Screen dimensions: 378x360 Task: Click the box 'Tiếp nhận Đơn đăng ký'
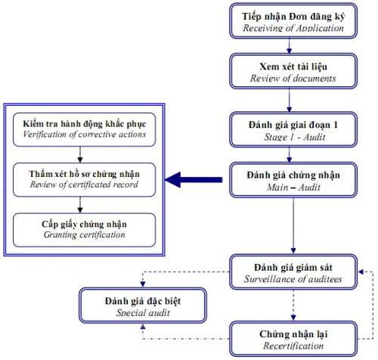293,21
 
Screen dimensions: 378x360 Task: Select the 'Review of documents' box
293,71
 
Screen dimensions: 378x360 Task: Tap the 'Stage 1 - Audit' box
293,129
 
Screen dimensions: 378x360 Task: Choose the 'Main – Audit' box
293,180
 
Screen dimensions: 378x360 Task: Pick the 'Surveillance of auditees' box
293,272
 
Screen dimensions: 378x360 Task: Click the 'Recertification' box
293,339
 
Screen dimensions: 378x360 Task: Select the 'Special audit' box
143,306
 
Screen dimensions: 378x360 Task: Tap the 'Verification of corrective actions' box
84,129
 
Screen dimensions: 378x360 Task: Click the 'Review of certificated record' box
84,180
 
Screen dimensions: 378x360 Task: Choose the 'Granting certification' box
84,230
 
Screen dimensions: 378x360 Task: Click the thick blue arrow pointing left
194,180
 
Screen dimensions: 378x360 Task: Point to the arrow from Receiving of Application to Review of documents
290,46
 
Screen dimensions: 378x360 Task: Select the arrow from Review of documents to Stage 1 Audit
290,101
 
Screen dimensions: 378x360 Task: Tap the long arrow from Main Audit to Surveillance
293,225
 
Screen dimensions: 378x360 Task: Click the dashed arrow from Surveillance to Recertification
293,306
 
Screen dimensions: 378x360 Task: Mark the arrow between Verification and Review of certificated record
80,154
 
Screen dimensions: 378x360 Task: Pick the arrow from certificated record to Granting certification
80,205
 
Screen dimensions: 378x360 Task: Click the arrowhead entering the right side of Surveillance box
361,272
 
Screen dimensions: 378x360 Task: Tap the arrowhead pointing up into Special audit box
143,326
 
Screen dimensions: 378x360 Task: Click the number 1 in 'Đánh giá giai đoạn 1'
336,125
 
